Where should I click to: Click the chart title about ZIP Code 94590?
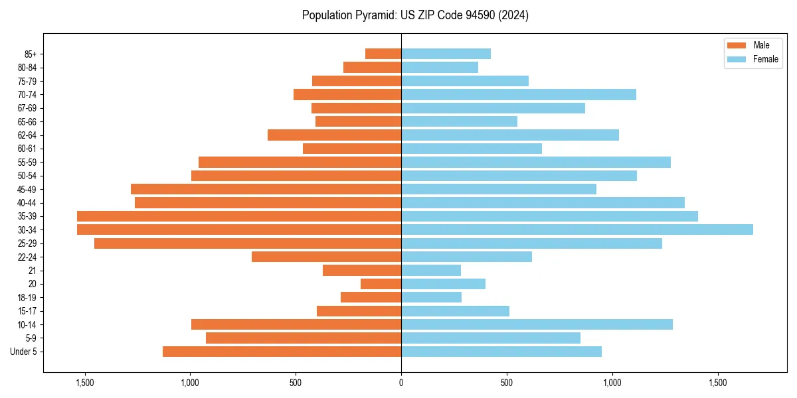pos(415,15)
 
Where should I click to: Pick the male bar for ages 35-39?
pos(239,216)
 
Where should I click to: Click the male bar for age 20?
pos(381,284)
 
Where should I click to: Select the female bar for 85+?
pos(446,54)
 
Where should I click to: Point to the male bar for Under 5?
pos(282,352)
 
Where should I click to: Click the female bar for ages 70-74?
pos(518,94)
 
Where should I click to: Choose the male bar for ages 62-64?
pos(334,135)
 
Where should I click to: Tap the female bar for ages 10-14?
pos(537,324)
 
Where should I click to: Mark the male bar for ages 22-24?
pos(326,257)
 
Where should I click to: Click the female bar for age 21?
pos(431,271)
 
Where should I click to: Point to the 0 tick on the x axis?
pos(401,383)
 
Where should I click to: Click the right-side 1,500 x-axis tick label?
pos(717,383)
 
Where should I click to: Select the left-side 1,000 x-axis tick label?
pos(190,383)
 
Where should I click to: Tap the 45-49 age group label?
pos(27,189)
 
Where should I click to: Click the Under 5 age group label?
pos(24,352)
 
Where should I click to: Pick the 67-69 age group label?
pos(27,108)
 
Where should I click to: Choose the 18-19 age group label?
pos(27,297)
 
